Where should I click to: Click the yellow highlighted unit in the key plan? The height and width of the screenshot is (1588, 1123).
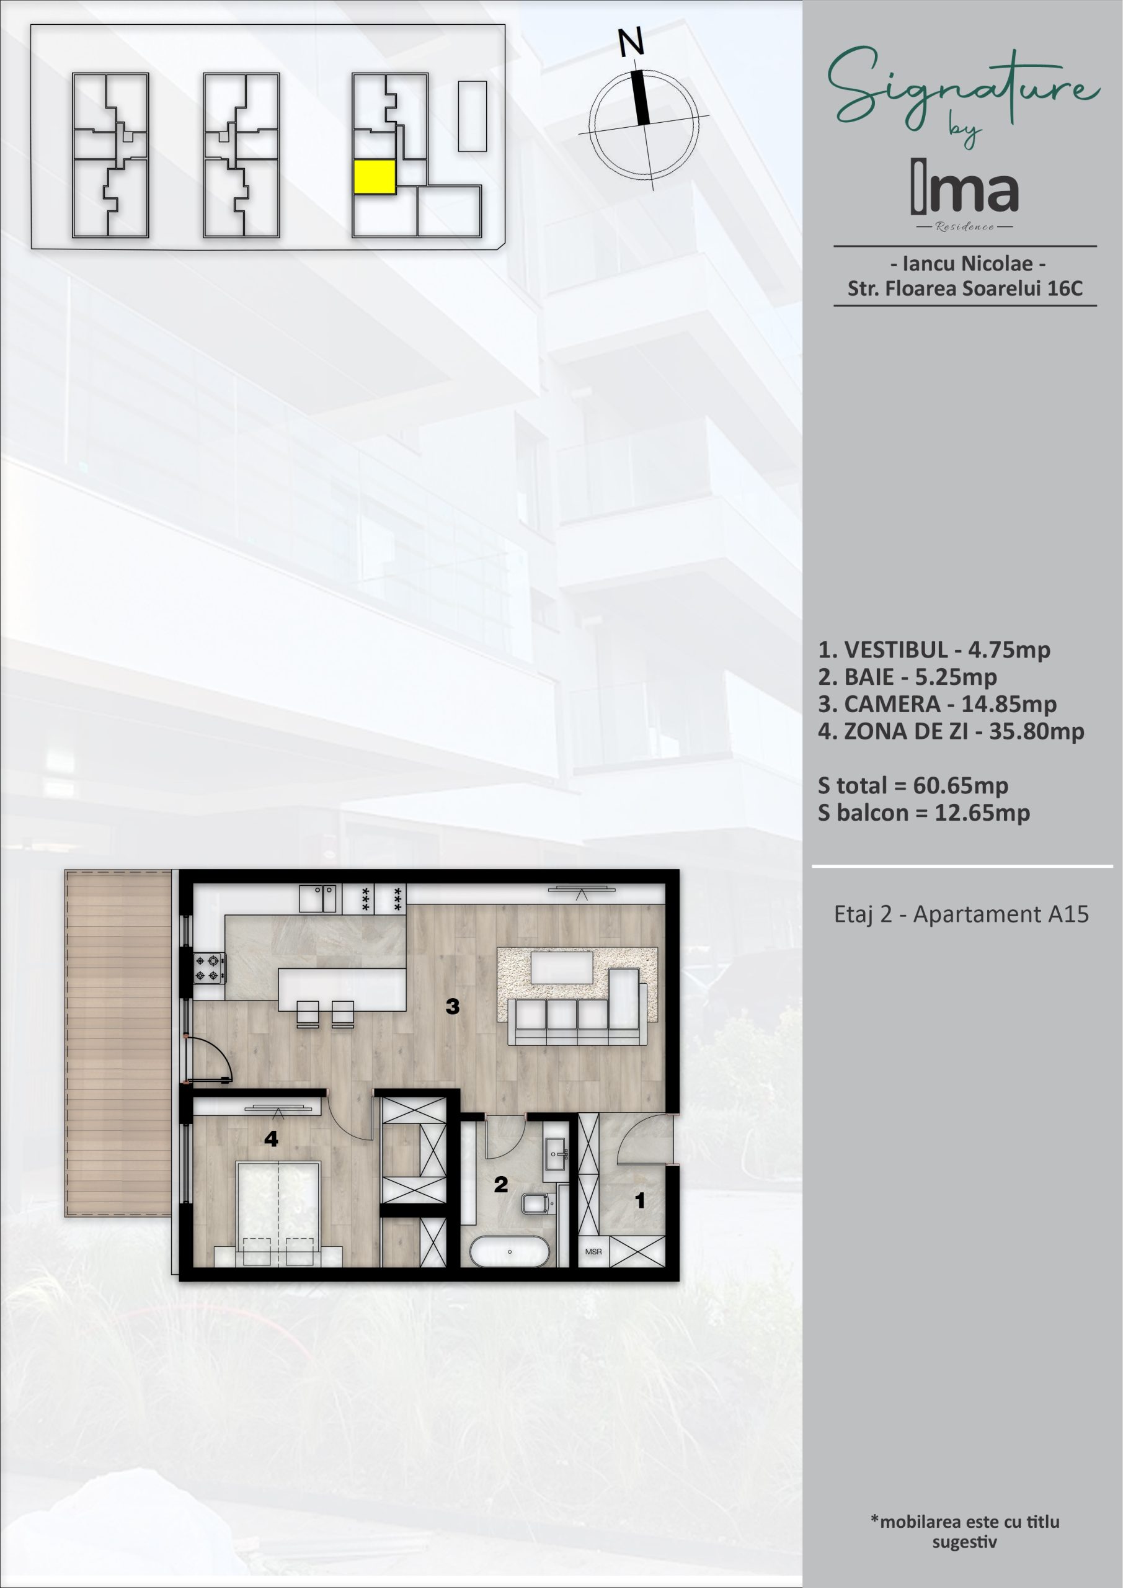(x=374, y=177)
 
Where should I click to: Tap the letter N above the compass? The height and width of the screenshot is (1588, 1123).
(x=631, y=42)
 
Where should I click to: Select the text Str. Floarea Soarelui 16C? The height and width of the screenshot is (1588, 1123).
(x=965, y=288)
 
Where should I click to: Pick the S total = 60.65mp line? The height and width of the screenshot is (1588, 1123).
(x=913, y=786)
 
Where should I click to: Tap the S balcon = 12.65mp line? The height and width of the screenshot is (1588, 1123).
(x=924, y=813)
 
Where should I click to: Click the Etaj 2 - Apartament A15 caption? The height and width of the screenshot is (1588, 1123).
(x=961, y=914)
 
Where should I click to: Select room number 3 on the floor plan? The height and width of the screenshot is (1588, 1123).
(x=453, y=1006)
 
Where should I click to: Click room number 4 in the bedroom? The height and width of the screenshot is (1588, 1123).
(x=271, y=1138)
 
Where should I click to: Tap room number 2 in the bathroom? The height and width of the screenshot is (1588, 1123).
(x=501, y=1185)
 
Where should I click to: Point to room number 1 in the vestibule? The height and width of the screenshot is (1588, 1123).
(x=641, y=1201)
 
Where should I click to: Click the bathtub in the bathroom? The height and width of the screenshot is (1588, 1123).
(x=510, y=1252)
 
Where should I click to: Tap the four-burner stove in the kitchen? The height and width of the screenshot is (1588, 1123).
(x=210, y=968)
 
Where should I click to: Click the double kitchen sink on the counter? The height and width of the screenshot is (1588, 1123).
(x=319, y=898)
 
